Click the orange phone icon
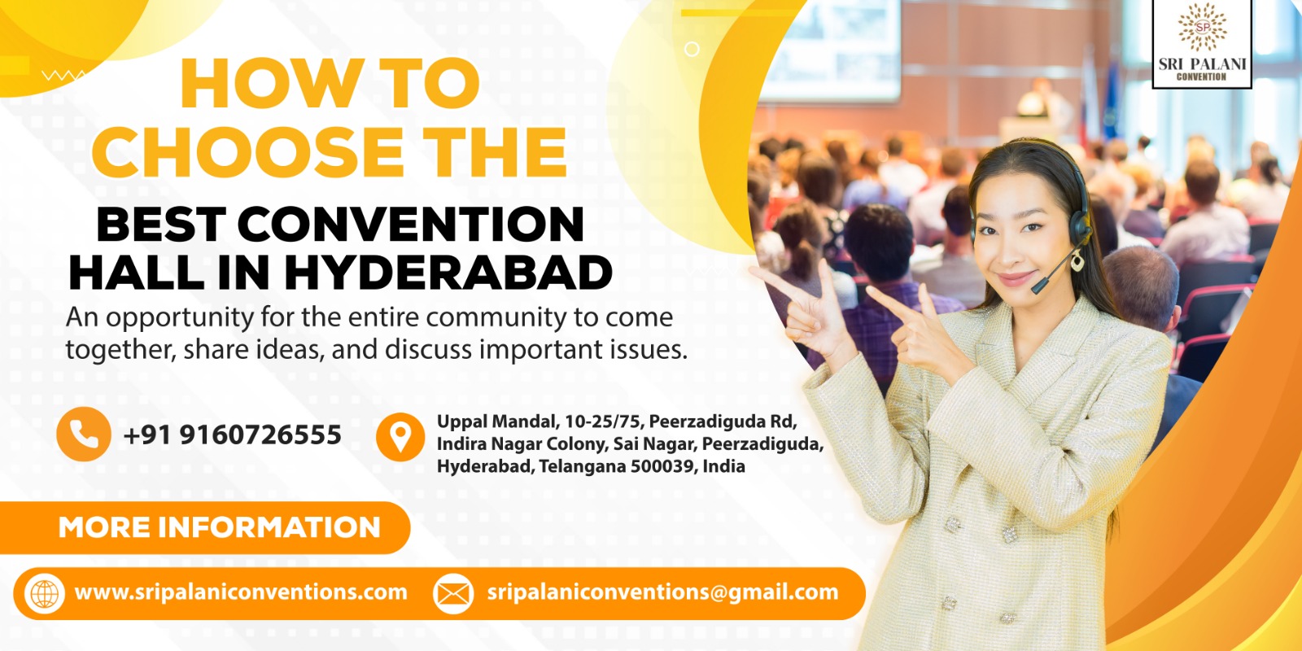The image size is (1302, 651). coord(84,434)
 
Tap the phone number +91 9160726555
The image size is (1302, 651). coord(232,435)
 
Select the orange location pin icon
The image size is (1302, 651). coord(400,437)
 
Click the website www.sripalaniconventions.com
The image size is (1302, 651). coord(241,592)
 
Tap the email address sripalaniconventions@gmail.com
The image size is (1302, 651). coord(662,592)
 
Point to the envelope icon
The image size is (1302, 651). coord(453,594)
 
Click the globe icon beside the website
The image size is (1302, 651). coord(45,594)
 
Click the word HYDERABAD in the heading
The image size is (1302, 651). coord(448,273)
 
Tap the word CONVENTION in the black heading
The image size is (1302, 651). coord(410,224)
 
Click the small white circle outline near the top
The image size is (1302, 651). coord(692,49)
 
